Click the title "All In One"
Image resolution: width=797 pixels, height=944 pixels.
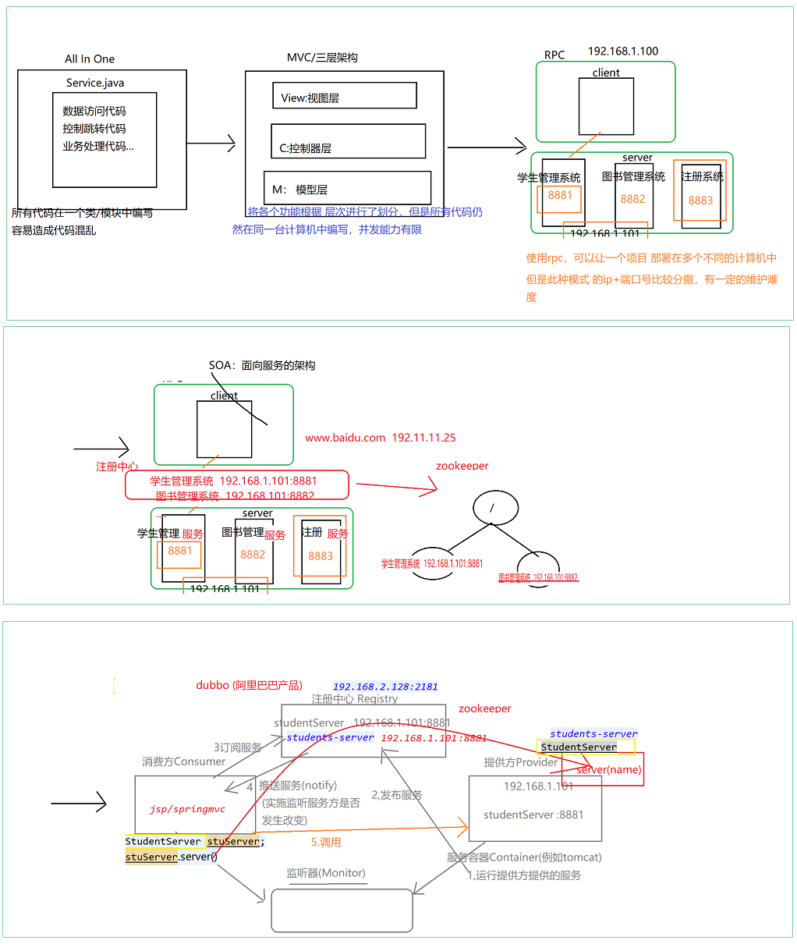pos(90,59)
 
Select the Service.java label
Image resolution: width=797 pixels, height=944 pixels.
pos(95,83)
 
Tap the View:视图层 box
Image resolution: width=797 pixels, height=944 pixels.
pos(344,96)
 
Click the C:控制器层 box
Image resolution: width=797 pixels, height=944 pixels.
pos(348,142)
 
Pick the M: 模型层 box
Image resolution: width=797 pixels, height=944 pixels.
pos(347,188)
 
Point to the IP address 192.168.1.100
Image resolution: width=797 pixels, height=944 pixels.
pos(623,51)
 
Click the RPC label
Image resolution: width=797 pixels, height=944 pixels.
pos(554,55)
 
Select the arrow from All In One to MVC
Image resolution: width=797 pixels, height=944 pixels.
pos(211,144)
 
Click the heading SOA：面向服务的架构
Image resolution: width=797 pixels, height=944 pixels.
pos(262,365)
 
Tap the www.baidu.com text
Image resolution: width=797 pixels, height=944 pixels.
pos(345,438)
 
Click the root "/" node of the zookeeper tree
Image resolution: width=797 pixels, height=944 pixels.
pos(494,508)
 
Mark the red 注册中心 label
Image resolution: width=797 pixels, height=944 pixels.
pos(117,467)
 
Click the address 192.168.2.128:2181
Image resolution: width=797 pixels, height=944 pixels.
pos(385,687)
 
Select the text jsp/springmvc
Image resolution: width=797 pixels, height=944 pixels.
pos(188,809)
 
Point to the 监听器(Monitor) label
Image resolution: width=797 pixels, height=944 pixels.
pos(326,873)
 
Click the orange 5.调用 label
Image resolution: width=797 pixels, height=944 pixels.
pos(326,843)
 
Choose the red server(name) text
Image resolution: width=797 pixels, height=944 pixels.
pos(609,770)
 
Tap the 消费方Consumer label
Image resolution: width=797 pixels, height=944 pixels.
pos(184,761)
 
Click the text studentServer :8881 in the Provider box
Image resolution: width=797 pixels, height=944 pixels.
pos(533,815)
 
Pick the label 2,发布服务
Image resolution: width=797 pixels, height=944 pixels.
pos(397,795)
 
